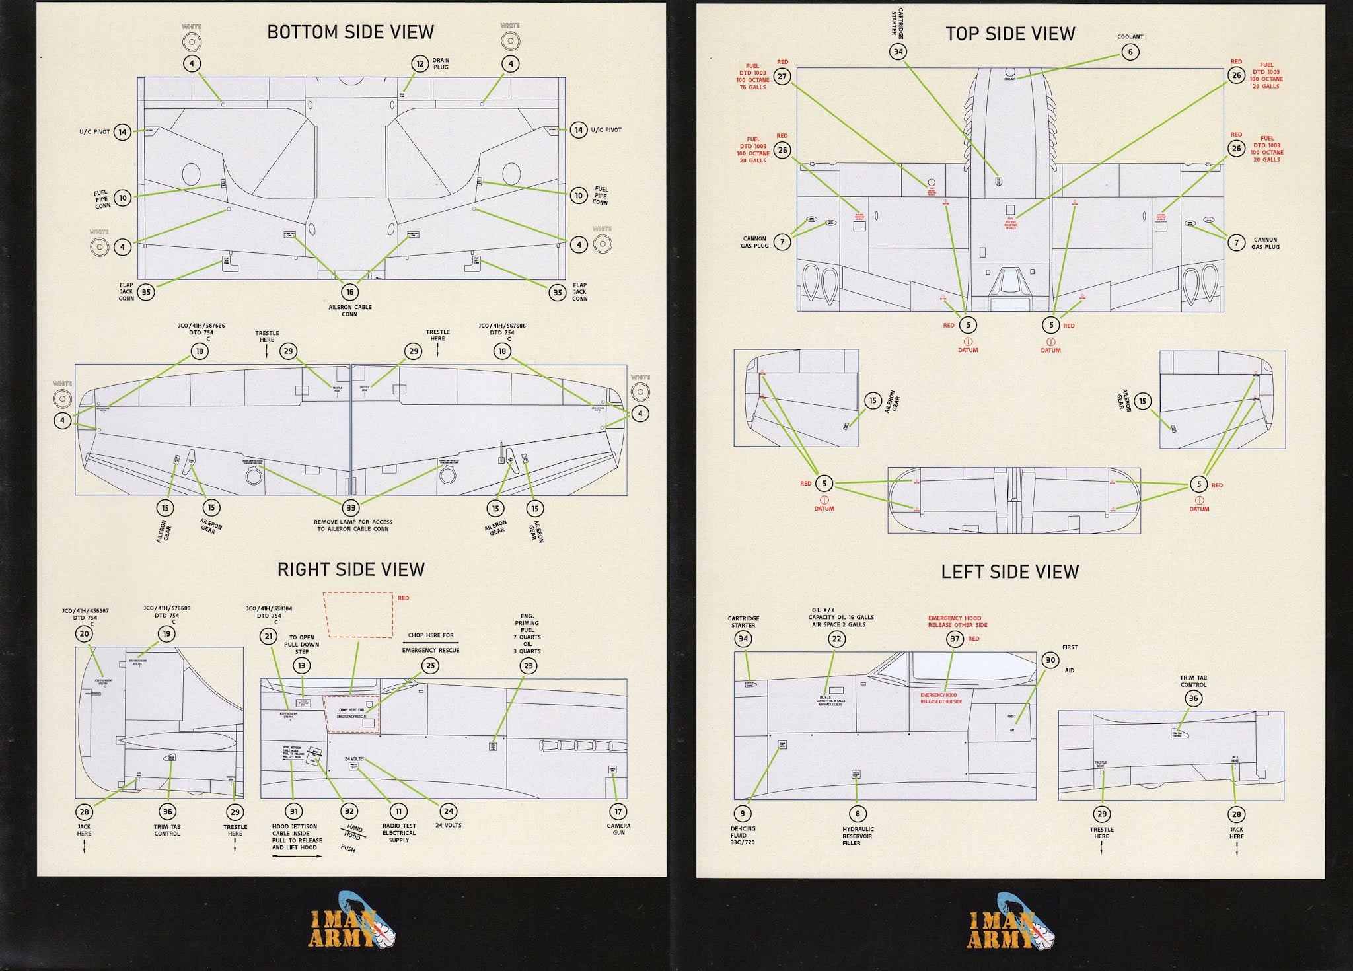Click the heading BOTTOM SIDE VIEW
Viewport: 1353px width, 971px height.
click(350, 32)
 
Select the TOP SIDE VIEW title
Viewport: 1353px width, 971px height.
click(1010, 34)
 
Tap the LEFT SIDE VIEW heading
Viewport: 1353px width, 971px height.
click(1009, 572)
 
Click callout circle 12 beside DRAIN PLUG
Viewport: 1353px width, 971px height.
click(420, 64)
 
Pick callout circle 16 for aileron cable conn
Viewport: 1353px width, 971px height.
click(350, 292)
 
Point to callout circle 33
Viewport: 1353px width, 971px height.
click(351, 508)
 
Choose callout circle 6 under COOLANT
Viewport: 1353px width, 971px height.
click(1130, 52)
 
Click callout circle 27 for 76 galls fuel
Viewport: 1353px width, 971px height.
click(782, 77)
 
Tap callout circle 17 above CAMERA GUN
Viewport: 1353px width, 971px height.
click(618, 812)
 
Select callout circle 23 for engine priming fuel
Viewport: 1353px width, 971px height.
click(528, 666)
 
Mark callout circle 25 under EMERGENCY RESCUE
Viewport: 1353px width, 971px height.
click(431, 666)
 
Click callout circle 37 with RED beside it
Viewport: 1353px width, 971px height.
click(955, 639)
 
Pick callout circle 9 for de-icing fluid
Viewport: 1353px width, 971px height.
click(743, 814)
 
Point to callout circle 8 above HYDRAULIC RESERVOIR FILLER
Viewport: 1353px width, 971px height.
click(858, 814)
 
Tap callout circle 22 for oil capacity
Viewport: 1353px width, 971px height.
click(837, 639)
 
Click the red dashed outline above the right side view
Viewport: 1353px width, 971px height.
click(358, 615)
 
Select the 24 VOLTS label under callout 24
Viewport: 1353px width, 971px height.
click(449, 826)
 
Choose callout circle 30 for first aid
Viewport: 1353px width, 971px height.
click(1050, 660)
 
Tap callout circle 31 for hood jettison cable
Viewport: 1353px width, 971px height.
click(294, 812)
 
